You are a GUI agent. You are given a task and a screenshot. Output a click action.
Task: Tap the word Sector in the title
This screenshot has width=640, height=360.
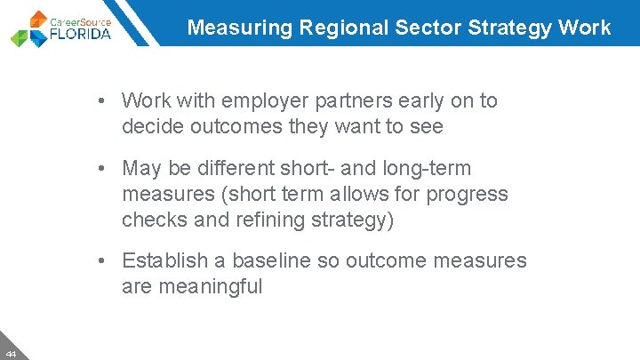tap(418, 28)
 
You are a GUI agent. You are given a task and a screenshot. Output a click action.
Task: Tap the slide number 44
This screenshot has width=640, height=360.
tap(10, 353)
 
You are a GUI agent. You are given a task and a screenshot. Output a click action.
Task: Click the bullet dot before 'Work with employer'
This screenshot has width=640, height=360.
tap(104, 101)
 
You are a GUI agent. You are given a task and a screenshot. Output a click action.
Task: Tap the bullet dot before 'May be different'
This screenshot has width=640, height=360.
tap(104, 169)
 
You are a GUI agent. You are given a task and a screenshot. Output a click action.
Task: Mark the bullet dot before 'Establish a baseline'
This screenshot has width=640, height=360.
tap(104, 261)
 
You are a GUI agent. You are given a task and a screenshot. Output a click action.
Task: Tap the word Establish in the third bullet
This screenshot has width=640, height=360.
tap(162, 260)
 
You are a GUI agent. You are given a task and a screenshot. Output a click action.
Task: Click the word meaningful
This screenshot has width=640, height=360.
tap(210, 287)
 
